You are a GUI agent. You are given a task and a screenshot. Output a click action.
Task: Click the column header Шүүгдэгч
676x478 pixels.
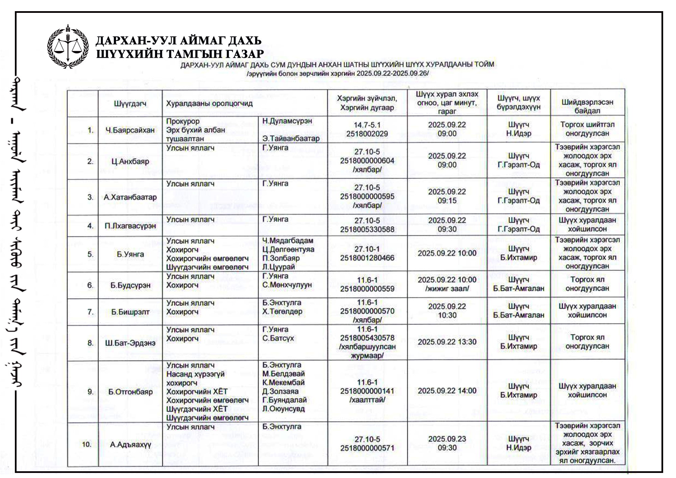tap(130, 103)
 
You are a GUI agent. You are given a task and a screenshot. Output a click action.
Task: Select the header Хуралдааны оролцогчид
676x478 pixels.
tap(209, 103)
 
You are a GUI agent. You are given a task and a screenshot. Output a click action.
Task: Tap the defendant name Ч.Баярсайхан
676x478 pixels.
tap(130, 130)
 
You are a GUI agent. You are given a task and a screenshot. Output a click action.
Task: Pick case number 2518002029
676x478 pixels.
tap(367, 134)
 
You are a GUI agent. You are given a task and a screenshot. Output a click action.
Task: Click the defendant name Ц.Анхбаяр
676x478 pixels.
tap(130, 162)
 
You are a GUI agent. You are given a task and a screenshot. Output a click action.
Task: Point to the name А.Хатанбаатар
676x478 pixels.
tap(130, 197)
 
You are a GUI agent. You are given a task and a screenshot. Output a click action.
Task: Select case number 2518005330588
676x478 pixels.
tap(367, 230)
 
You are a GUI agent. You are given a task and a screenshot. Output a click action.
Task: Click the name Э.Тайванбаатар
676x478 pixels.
tap(291, 139)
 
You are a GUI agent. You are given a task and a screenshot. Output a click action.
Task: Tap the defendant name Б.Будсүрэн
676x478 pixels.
tap(130, 285)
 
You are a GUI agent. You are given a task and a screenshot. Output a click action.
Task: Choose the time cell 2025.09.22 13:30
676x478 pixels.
tap(447, 342)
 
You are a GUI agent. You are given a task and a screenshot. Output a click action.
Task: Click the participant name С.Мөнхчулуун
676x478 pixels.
tap(287, 285)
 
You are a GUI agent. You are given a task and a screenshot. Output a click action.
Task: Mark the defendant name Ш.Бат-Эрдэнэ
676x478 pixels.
tap(130, 343)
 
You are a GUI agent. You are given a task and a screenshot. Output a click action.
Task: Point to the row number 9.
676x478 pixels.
tap(91, 392)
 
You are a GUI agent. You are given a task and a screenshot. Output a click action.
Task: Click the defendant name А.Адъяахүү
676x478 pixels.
tap(130, 445)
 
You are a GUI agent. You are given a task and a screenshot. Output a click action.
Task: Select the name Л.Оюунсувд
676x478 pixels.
tap(284, 409)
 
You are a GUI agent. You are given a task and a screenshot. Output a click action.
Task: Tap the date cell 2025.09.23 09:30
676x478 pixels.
tap(447, 443)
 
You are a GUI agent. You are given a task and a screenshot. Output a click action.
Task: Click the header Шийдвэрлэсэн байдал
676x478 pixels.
tap(587, 106)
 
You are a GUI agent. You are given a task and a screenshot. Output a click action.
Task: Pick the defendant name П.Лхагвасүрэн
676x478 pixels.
tap(130, 226)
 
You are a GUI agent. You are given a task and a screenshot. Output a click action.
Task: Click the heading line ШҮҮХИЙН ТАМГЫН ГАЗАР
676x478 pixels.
tap(180, 54)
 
